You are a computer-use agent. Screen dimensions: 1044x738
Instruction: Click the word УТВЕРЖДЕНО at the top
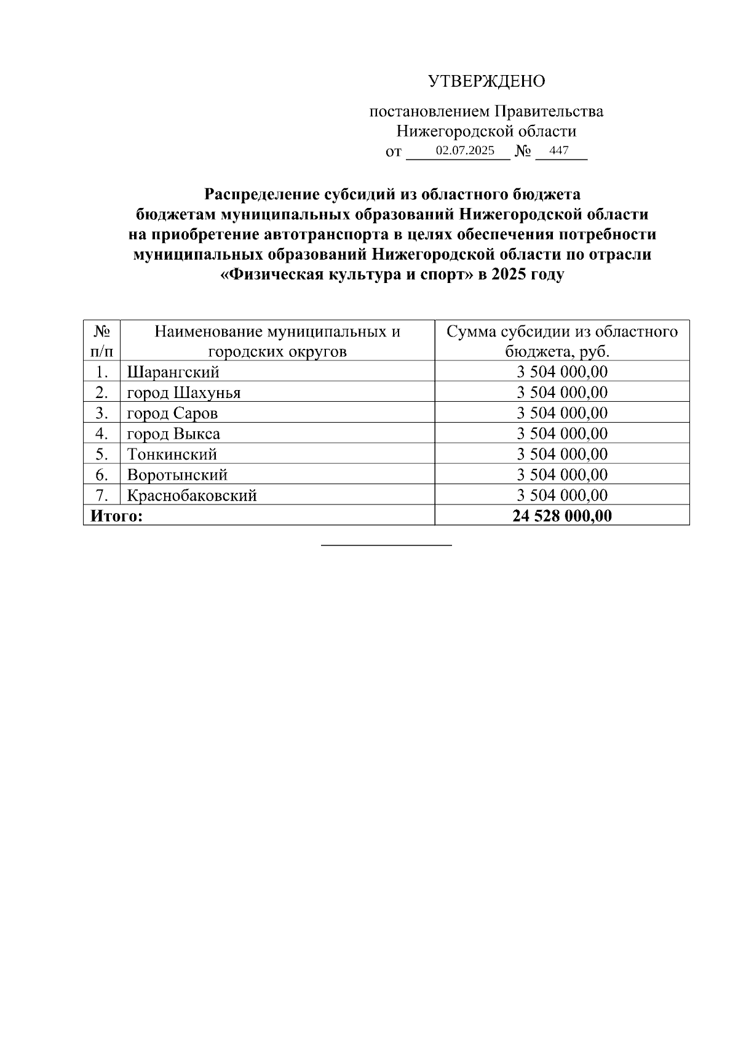point(486,81)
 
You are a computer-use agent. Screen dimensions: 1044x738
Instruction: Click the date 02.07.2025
point(465,151)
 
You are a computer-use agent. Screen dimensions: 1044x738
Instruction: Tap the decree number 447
point(559,151)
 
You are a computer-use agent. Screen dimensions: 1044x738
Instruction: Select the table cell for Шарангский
point(173,372)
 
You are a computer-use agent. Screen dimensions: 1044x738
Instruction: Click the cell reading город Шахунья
point(183,392)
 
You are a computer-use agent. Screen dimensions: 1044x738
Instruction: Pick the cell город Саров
point(172,413)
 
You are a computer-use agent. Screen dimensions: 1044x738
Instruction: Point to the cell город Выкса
point(173,434)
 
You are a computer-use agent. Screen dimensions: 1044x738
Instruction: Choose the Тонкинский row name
point(172,455)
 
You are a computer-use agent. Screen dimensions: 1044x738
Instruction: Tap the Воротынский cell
point(177,475)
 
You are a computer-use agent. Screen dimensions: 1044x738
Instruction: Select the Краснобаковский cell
point(192,495)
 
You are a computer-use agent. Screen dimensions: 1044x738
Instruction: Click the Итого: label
point(116,516)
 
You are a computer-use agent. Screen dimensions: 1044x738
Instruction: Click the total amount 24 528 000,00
point(562,516)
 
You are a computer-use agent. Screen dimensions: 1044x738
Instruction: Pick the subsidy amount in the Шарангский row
point(562,372)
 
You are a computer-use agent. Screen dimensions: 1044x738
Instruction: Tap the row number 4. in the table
point(102,434)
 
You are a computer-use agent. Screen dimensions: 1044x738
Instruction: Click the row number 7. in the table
point(102,495)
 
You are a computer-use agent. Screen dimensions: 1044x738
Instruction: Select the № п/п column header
point(102,341)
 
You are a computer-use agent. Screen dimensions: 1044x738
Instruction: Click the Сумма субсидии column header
point(562,341)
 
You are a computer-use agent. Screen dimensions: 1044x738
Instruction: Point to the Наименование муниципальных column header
point(277,341)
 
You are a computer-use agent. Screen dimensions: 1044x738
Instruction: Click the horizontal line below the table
point(387,544)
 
